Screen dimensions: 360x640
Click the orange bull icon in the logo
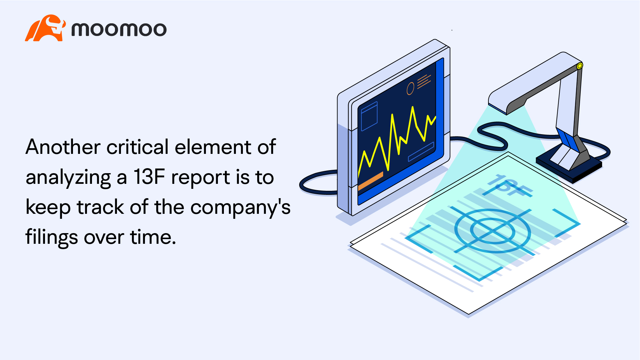coord(45,28)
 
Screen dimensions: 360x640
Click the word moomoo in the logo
coord(119,29)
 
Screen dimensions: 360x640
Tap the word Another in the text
coord(63,147)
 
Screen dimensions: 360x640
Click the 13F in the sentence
coord(149,177)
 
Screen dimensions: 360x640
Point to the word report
coord(201,178)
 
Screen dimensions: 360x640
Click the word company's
coord(240,207)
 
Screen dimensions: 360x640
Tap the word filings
coord(52,237)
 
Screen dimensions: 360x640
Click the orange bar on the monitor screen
coord(370,181)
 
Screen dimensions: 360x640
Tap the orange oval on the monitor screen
coord(410,89)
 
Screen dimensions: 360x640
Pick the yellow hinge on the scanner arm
coord(579,66)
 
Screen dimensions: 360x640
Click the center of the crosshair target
coord(492,230)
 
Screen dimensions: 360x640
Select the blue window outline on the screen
coord(369,116)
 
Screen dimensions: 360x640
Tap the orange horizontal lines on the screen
coord(424,81)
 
